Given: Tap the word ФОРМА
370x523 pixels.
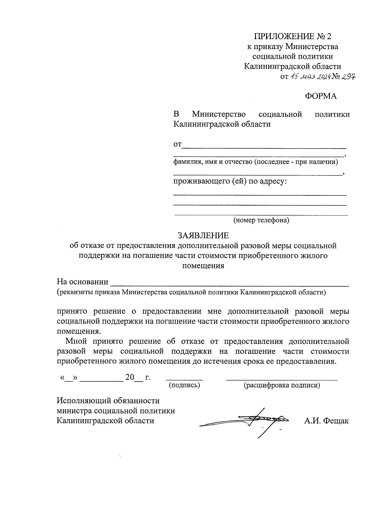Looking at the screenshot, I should coord(321,96).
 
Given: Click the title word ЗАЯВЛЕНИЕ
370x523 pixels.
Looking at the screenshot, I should coord(203,236).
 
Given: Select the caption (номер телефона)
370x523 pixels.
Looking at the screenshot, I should coord(261,220).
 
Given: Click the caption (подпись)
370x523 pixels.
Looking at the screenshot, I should coord(184,385).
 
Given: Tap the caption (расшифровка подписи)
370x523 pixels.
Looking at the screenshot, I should coord(282,385).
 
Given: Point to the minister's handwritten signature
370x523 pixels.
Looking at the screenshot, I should coord(247,421).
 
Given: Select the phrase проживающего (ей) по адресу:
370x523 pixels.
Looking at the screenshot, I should coord(230,181).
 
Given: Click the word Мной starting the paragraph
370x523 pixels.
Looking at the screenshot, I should coord(76,341).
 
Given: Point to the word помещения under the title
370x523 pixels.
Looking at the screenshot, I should coord(203,266).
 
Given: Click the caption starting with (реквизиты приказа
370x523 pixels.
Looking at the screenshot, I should coord(191,292).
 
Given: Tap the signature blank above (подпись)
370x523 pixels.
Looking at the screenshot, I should coord(184,378).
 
